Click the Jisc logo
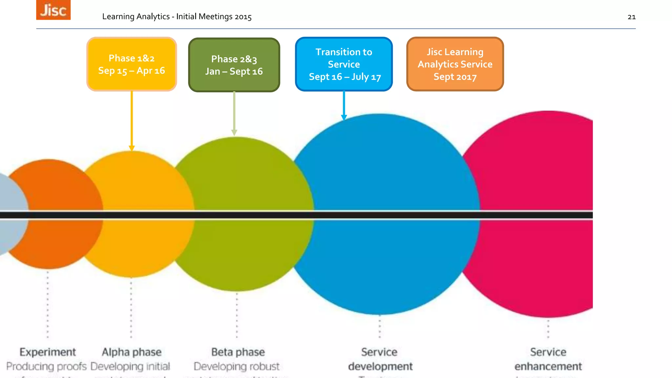53,10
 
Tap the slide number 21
631,17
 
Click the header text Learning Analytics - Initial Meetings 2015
177,17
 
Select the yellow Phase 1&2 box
132,64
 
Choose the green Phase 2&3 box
234,65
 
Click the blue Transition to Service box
344,64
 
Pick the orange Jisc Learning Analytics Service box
455,64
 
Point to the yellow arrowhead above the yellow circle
132,148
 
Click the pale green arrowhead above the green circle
234,132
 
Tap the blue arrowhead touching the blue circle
344,117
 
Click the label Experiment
48,352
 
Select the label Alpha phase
132,352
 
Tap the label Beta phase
238,352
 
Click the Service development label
380,359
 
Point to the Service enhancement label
548,359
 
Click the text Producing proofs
46,366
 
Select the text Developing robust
237,366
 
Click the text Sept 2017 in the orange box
455,77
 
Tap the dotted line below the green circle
237,315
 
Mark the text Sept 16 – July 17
345,77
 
